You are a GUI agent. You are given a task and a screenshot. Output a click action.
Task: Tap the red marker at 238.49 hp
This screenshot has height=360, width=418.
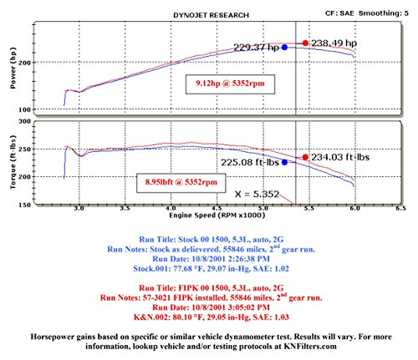coord(305,43)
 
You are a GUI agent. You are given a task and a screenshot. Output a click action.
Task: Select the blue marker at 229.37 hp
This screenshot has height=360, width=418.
coord(284,48)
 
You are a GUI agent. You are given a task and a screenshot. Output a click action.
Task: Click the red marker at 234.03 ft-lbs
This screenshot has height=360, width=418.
coord(305,157)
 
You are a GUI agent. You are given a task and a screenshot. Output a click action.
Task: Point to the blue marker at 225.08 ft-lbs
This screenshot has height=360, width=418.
coord(284,162)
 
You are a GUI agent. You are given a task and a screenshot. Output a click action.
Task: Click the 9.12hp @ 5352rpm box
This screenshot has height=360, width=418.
coord(222,83)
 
